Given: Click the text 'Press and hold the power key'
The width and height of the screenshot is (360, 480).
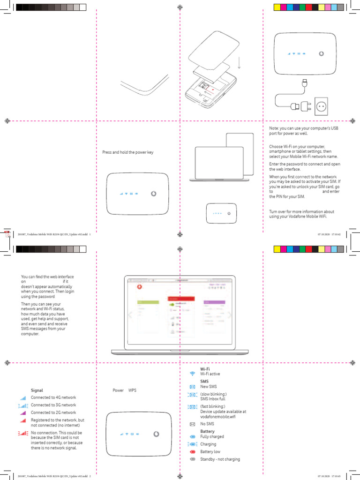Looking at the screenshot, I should tap(127, 152).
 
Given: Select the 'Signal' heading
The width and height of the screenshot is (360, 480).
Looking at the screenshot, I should tap(37, 390).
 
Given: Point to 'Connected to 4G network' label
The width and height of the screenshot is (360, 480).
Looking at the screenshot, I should tap(53, 397).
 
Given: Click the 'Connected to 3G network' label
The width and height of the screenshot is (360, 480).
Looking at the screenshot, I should tap(53, 405).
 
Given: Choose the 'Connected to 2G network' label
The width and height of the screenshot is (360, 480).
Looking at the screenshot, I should tap(53, 412).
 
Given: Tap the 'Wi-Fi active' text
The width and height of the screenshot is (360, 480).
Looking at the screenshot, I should tap(210, 374).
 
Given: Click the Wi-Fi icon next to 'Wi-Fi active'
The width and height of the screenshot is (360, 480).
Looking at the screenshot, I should tap(192, 374).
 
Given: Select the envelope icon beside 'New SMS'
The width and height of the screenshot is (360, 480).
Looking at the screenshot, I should tap(192, 387).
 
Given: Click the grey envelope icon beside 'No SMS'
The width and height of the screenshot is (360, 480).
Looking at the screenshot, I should tap(192, 424).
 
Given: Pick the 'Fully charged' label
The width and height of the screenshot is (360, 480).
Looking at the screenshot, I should tap(212, 437).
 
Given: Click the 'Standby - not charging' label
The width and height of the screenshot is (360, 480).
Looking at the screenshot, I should tap(220, 459).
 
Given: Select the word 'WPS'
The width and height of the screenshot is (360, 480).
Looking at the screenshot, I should tap(132, 390).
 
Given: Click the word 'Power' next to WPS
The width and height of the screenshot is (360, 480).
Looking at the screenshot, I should tap(118, 390).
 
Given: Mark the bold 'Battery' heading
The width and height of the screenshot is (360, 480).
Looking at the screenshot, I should tap(207, 431).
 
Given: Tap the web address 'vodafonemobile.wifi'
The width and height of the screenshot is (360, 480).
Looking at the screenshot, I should tap(217, 417).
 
